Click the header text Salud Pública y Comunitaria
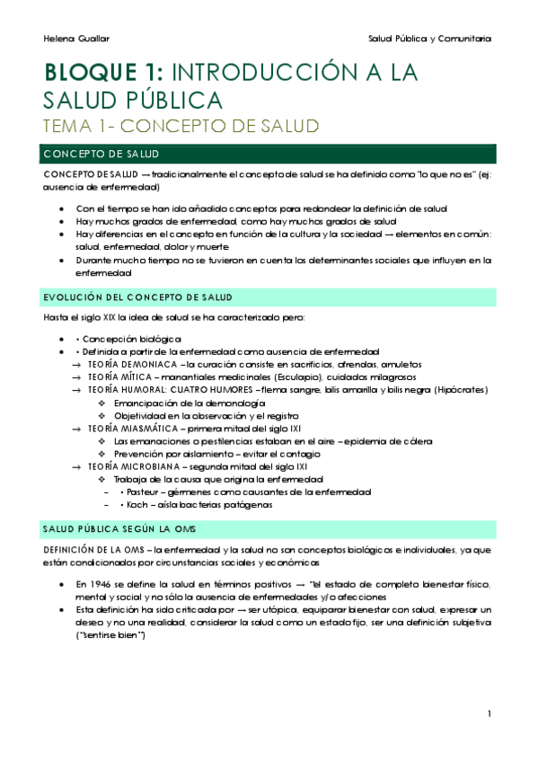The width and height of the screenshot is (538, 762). point(429,39)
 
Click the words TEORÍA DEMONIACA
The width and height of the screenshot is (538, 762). point(131,364)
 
